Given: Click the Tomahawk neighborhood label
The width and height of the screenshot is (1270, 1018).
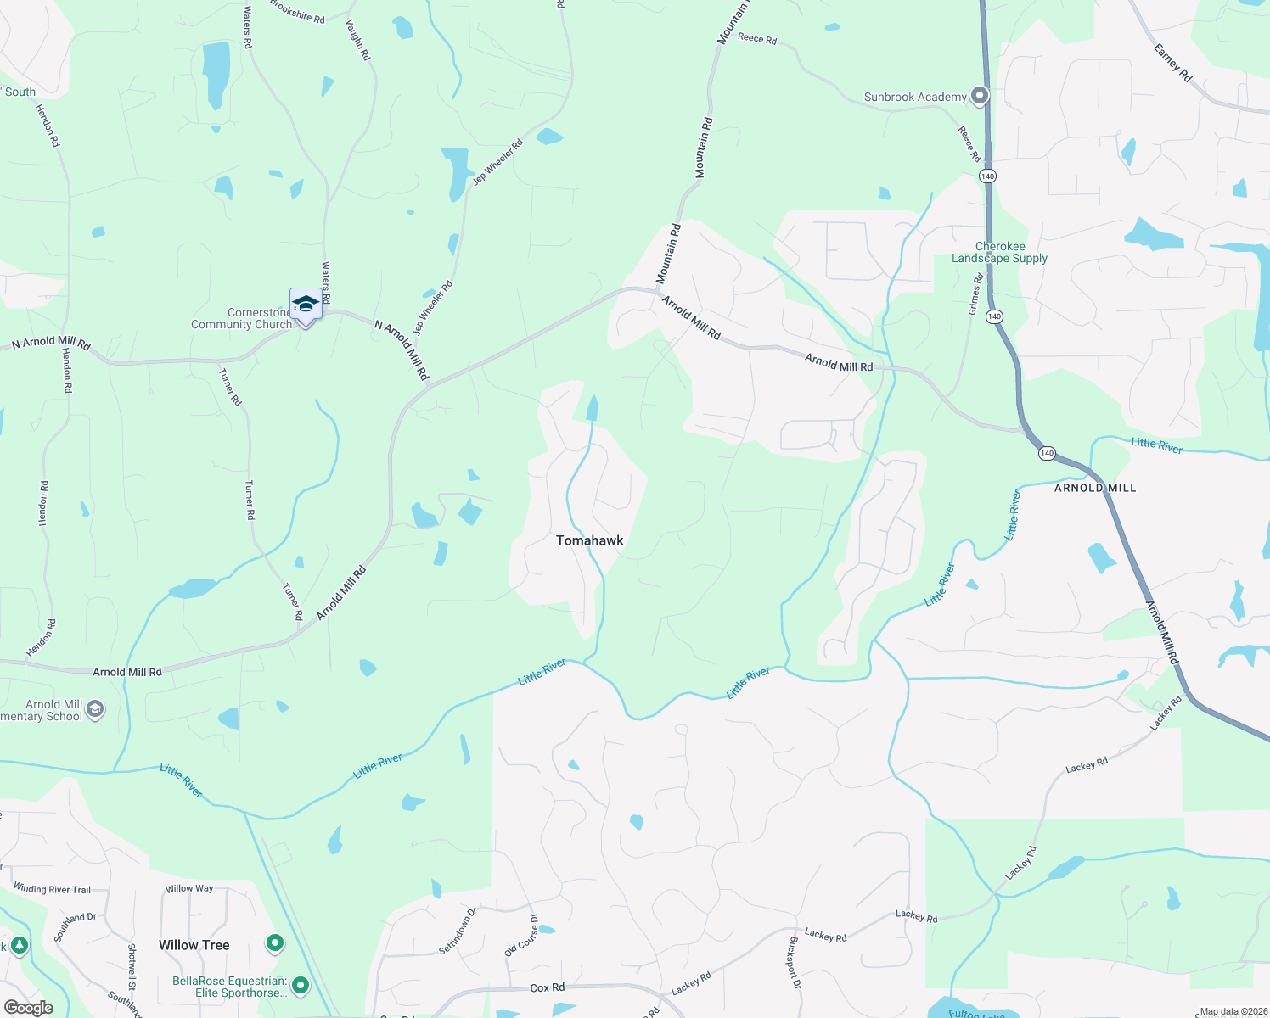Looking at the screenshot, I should tap(589, 540).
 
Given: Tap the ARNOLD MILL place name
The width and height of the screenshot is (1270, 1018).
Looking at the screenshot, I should tap(1094, 488).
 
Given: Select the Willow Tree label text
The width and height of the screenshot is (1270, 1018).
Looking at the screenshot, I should tap(194, 945).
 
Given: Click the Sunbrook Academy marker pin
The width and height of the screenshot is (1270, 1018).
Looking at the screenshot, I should tap(980, 96).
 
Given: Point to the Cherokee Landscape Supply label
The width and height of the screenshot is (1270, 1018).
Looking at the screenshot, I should tap(999, 253).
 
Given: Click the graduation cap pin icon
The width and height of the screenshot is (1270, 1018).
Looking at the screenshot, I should tap(306, 305).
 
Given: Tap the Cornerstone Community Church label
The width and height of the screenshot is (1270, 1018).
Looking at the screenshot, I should tap(242, 319).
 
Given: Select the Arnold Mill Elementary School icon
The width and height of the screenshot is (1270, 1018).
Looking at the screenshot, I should tap(95, 709).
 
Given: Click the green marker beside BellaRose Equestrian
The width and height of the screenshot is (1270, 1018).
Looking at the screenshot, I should tap(300, 986).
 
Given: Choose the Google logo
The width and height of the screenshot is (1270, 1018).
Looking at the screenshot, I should tap(28, 1008).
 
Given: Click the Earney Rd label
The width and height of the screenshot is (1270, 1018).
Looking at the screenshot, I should tap(1172, 63).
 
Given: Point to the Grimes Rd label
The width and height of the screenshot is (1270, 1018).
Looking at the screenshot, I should tap(975, 294).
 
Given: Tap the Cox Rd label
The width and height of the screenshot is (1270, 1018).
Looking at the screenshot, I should tap(547, 987).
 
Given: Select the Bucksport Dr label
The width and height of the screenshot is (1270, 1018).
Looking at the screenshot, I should tap(793, 962).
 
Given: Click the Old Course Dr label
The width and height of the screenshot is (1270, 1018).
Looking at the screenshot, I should tap(521, 936).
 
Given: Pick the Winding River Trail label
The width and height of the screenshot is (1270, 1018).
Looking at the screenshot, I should tap(52, 889).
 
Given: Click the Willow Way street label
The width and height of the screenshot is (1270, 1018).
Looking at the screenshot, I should tap(189, 888).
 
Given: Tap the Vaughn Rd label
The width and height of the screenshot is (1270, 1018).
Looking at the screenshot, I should tap(358, 39).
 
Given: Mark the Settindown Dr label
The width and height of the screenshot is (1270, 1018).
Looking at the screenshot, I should tap(458, 931).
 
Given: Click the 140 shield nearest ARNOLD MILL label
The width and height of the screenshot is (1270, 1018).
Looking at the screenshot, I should tap(1047, 453).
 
